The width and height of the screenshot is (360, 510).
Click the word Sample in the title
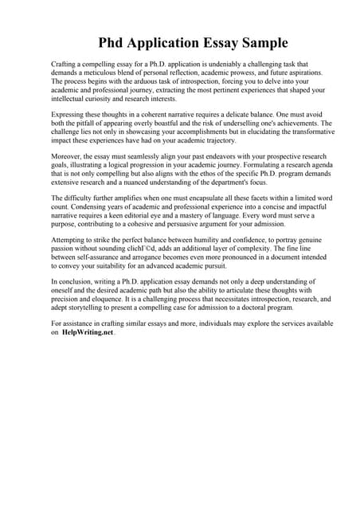pyautogui.click(x=260, y=42)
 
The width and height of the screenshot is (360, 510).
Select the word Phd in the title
pyautogui.click(x=114, y=42)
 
